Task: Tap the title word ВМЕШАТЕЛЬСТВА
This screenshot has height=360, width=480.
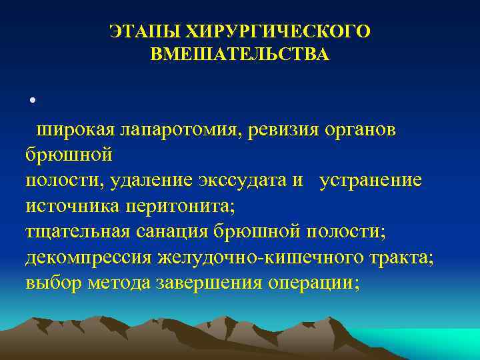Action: pos(239,54)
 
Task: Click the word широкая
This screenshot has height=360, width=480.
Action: pos(75,129)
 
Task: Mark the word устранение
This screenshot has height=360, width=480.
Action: pos(370,181)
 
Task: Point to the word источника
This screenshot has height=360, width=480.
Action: pos(70,206)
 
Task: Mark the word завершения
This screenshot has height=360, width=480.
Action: pos(209,282)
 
